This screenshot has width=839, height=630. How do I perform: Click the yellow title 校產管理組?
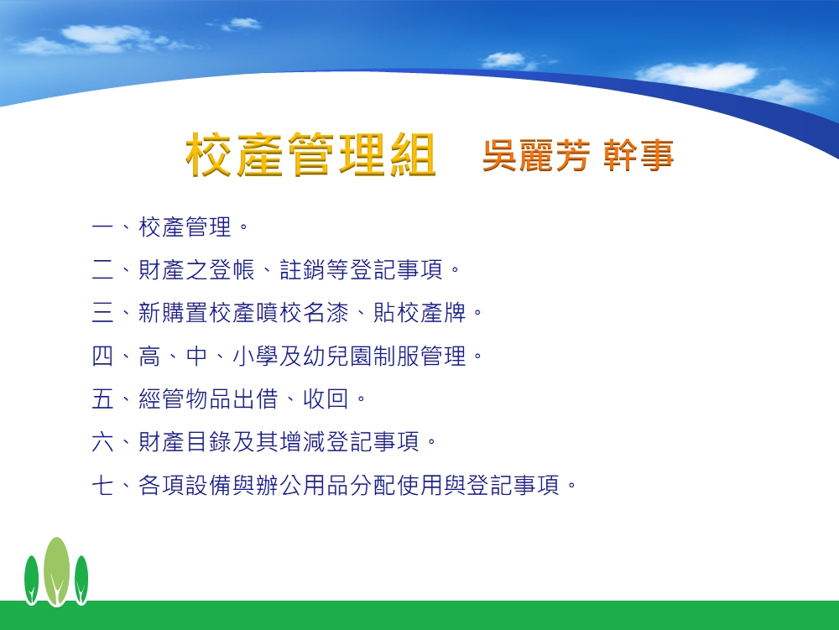point(310,154)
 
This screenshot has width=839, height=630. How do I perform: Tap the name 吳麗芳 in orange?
point(536,156)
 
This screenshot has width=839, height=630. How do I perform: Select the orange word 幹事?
point(638,156)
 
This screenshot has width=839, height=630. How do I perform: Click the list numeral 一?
point(102,226)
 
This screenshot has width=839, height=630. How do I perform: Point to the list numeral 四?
point(102,356)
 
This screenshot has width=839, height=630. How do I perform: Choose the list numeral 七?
point(102,485)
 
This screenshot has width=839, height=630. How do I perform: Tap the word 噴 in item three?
point(268,313)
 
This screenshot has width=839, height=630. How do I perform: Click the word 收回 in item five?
point(326,399)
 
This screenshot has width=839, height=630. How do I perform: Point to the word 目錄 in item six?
point(209,442)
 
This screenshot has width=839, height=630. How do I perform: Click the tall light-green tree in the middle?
point(56,571)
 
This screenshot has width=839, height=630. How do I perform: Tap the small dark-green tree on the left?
point(32,581)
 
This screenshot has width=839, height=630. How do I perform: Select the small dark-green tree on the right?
point(81,581)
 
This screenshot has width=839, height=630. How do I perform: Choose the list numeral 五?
point(102,399)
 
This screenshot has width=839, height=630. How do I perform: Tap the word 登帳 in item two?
point(232,269)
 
